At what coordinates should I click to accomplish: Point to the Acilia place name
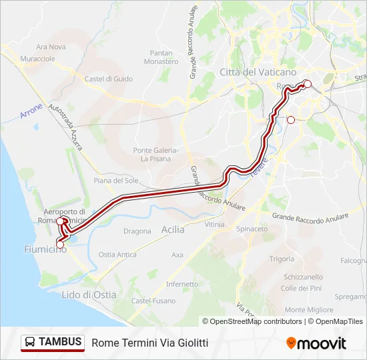coord(173,229)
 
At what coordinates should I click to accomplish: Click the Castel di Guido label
coord(109,79)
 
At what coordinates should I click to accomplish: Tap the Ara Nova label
coord(51,47)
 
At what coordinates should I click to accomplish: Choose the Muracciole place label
coord(37,59)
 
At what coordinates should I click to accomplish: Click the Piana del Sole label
coord(116,181)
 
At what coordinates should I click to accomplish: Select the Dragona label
coord(137,231)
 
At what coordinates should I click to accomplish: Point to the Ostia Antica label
coord(117,255)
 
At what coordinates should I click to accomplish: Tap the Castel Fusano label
coord(151,301)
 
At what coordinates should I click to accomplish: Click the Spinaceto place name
coord(252,229)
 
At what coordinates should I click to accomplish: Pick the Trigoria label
coord(282,259)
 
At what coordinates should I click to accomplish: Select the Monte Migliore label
coord(309,309)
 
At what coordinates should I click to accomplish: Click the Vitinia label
coord(215,225)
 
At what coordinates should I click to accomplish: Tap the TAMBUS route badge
coord(53,343)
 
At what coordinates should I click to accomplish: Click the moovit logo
coord(316,343)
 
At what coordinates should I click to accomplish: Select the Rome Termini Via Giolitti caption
coord(150,343)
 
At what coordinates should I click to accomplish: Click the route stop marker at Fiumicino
coord(60,245)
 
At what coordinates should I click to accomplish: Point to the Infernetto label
coord(182,283)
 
